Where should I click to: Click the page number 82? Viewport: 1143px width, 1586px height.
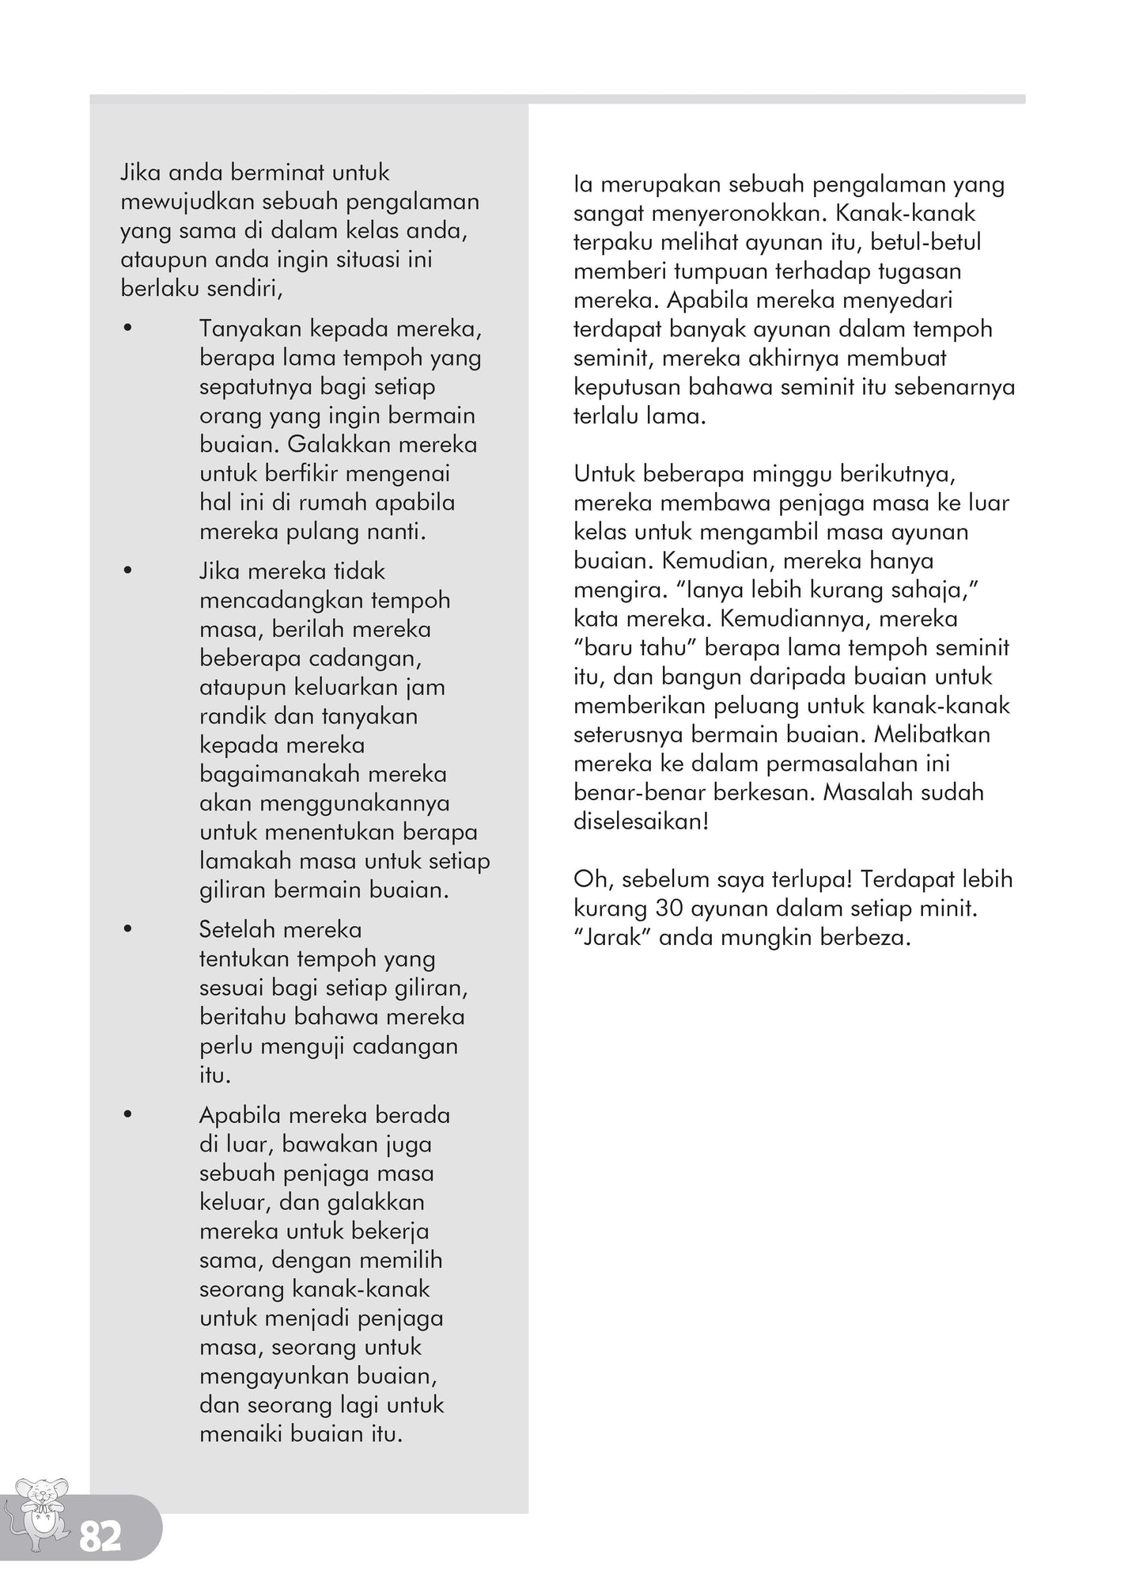100,1538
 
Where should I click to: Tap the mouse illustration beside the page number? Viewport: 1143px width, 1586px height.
42,1514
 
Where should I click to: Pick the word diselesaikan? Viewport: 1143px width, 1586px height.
641,821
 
